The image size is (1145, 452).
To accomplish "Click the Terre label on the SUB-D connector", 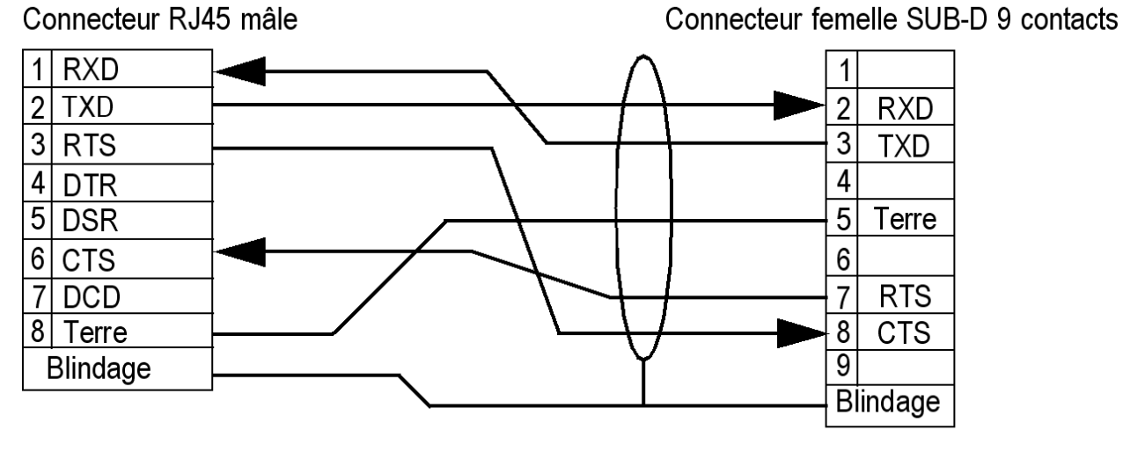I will click(901, 221).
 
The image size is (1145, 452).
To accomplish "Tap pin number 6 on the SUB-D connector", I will click(840, 259).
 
